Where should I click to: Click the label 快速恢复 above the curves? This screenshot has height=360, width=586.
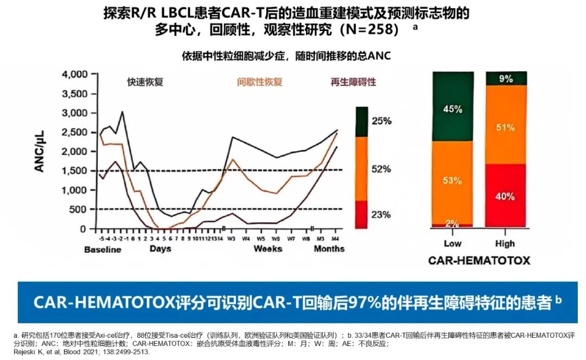(x=145, y=83)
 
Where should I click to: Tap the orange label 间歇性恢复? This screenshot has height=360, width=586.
(x=259, y=83)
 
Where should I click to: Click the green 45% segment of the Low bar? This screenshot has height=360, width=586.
(x=453, y=109)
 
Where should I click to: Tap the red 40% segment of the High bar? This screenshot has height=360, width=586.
(x=505, y=196)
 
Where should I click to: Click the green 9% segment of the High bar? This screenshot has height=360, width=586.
(x=506, y=79)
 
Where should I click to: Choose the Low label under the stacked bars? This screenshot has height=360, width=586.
(x=453, y=244)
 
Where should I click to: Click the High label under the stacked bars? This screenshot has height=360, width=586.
(x=505, y=244)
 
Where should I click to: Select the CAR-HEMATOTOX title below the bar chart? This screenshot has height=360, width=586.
(x=479, y=261)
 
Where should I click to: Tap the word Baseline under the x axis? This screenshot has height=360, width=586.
(x=103, y=249)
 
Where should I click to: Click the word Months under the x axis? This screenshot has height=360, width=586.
(x=329, y=249)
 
